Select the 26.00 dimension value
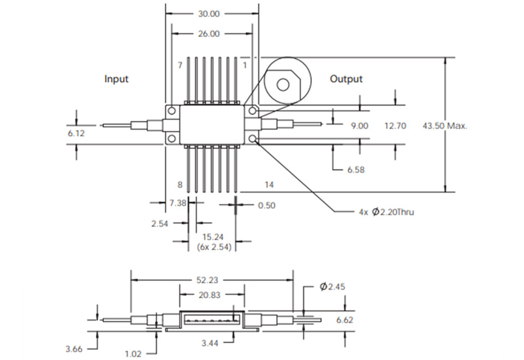[x=208, y=34]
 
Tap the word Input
[x=116, y=79]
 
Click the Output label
[x=346, y=79]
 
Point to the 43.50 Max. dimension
[x=445, y=125]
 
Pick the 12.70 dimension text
[x=395, y=125]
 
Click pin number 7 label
[x=180, y=65]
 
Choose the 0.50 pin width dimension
[x=266, y=206]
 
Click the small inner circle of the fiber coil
[x=283, y=84]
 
